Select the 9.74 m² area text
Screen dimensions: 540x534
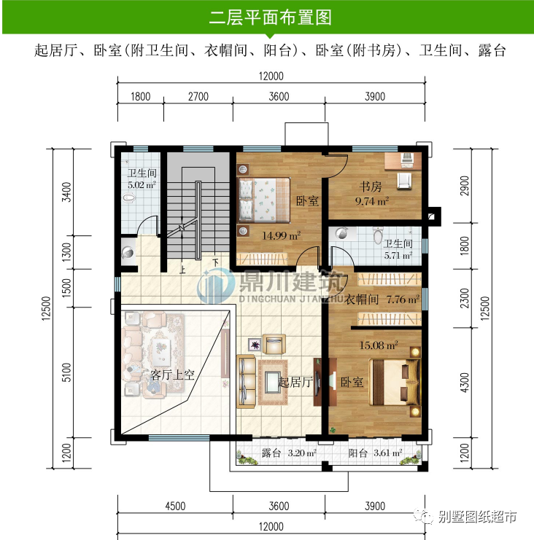coord(371,200)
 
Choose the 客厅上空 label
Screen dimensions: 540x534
coord(174,375)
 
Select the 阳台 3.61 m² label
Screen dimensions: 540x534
coord(374,453)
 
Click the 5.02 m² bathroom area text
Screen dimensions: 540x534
coord(142,185)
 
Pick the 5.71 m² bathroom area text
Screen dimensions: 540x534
coord(398,255)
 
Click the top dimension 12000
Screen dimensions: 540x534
coord(270,77)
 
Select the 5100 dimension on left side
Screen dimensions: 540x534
coord(66,374)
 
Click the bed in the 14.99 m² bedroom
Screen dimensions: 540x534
coord(263,199)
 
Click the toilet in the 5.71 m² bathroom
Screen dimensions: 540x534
coord(376,236)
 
